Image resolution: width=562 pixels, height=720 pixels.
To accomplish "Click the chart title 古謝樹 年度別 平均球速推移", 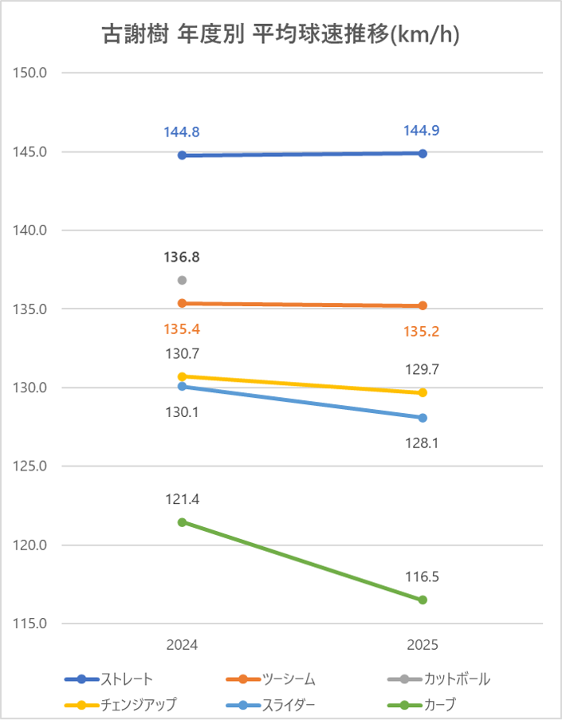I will [281, 35].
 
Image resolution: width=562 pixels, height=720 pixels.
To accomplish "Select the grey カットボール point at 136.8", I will [182, 280].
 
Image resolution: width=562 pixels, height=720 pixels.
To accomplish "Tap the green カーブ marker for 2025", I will [422, 600].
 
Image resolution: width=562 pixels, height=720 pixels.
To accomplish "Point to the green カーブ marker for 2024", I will [182, 522].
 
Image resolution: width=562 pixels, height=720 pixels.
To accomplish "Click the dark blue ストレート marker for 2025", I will [422, 153].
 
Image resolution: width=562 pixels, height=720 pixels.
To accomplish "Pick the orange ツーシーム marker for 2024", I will [182, 303].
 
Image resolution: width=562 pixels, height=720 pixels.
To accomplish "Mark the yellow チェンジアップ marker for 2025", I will [422, 392].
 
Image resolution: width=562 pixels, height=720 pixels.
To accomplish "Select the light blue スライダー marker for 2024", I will [182, 386].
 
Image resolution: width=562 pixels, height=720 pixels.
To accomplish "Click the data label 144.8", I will [182, 132].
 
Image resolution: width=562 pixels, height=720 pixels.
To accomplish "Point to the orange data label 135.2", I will [422, 329].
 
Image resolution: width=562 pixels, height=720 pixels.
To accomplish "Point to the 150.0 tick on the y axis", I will [31, 73].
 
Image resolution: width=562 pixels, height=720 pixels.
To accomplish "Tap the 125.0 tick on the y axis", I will [31, 467].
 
